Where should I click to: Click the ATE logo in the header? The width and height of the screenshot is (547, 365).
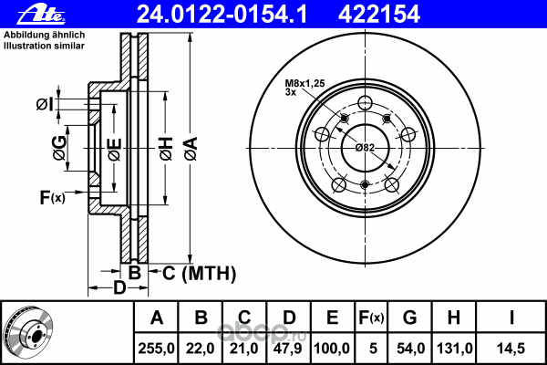(41, 15)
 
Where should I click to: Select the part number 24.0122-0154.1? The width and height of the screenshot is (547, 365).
(222, 15)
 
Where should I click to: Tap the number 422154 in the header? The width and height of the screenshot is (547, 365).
(379, 15)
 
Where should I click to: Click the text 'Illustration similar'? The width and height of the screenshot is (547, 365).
(45, 46)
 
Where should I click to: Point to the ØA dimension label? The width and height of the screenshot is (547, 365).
(191, 149)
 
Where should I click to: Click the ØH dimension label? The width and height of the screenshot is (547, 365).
(167, 149)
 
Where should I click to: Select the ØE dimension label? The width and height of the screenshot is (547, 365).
(115, 150)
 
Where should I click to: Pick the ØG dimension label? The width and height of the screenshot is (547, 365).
(59, 148)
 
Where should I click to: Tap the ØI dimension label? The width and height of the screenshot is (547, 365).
(45, 104)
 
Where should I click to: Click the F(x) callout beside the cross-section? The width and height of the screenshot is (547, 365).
(52, 197)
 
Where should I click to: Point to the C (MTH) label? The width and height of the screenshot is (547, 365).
(199, 273)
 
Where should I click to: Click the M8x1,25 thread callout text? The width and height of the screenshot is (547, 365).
(304, 83)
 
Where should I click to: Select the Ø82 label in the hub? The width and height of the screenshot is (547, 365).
(365, 148)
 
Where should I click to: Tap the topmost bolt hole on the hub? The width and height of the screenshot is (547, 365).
(365, 102)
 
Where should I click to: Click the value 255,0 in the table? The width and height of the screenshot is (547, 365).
(156, 349)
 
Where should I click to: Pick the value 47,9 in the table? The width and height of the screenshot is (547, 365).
(288, 349)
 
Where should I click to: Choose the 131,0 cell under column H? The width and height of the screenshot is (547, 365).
(453, 349)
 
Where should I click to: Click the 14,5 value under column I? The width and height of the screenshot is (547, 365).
(511, 349)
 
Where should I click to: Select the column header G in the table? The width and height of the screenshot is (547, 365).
(410, 318)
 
